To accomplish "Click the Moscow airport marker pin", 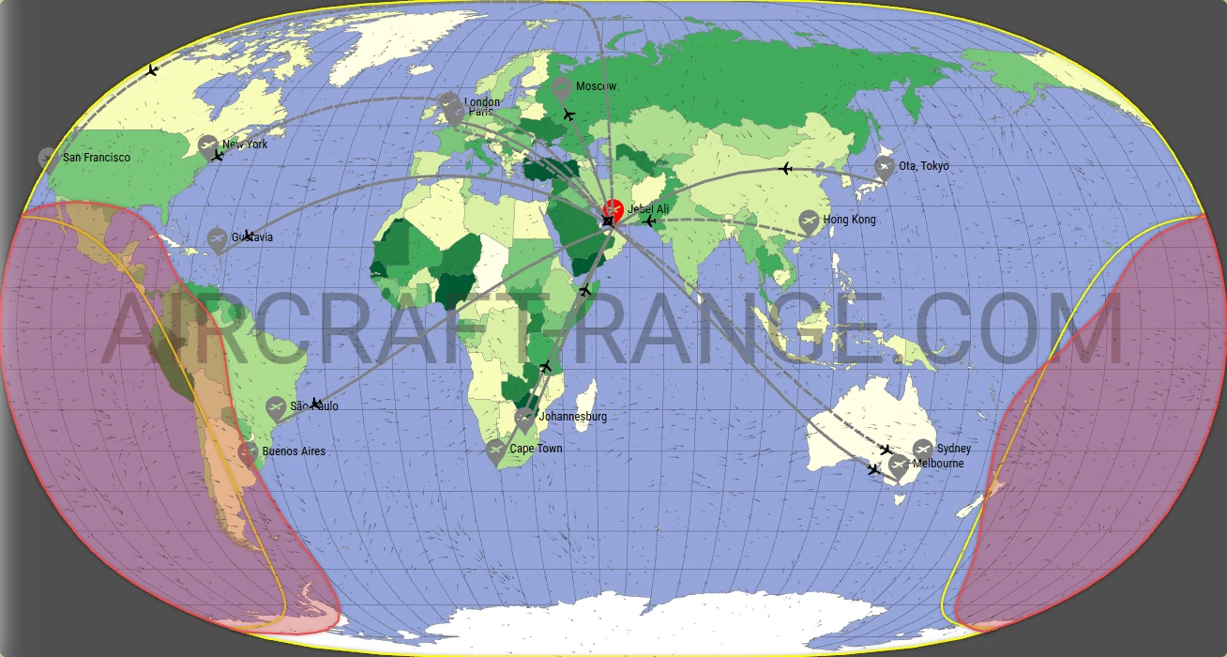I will pos(562,89).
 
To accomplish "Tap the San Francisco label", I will pos(96,158).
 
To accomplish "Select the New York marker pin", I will pos(208,146).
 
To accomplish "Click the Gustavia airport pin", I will pos(218,239).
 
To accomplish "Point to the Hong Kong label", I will pos(849,220).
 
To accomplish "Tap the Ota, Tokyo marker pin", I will pos(884,168).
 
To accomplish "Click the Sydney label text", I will pos(954,449).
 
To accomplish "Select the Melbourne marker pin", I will pos(899,465).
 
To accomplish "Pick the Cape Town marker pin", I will pos(495,451).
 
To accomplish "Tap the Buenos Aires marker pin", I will pos(248,453).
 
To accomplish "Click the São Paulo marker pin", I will pos(275,408).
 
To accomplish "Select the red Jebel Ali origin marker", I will pos(613,209).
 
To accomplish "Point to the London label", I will pos(482,101).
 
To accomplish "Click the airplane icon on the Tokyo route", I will pos(786,169).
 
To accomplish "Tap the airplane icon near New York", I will pos(218,155).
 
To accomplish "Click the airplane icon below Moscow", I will pos(568,115).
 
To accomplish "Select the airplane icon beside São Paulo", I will pos(317,404).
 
